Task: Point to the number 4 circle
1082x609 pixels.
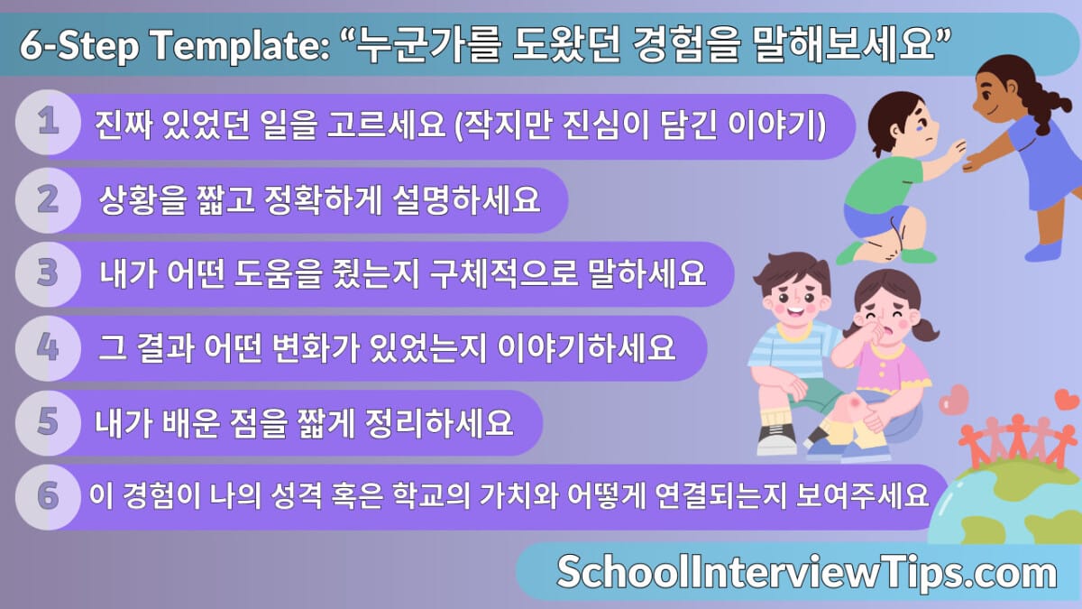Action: pos(47,347)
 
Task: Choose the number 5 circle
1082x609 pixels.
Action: pos(47,421)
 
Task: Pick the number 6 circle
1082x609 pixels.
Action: pos(47,496)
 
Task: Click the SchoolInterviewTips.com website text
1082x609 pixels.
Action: pos(806,572)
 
